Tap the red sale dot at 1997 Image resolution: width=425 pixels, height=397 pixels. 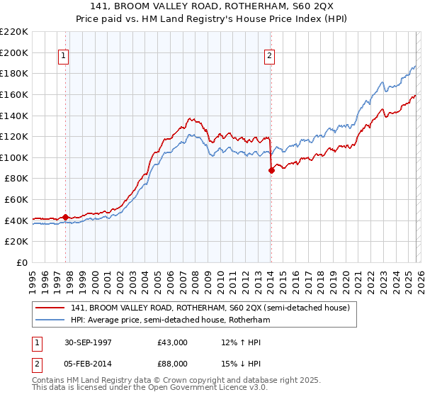[66, 217]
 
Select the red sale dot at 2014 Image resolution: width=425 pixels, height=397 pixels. [271, 170]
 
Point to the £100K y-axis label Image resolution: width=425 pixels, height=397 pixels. [14, 157]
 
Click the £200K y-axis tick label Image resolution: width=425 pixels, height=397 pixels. [14, 52]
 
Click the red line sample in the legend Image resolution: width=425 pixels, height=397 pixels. [50, 308]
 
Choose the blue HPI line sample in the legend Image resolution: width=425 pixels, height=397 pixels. [50, 320]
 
